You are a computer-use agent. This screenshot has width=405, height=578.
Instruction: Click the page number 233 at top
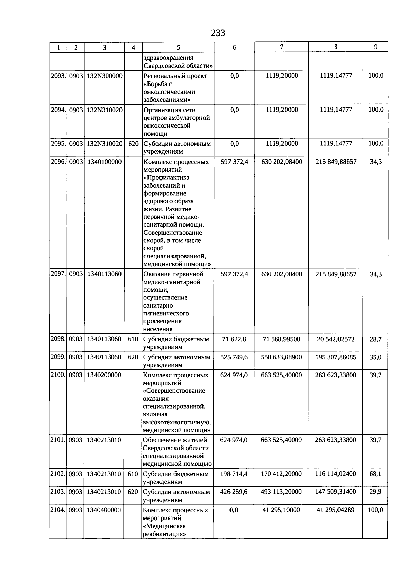(218, 33)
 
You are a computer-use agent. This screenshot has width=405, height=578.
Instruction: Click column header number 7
(281, 47)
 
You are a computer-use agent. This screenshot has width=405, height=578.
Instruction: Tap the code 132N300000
(104, 76)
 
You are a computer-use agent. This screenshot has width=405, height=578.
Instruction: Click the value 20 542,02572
(335, 339)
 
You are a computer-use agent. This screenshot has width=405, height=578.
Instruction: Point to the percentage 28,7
(375, 339)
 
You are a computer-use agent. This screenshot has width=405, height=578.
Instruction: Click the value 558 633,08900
(281, 357)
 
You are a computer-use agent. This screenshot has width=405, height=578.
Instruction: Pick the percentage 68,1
(375, 474)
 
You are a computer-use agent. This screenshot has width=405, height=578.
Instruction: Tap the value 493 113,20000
(281, 492)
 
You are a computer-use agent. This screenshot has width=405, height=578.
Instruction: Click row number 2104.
(58, 510)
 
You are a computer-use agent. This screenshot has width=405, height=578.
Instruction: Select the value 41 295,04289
(335, 510)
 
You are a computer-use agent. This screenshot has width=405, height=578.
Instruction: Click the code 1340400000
(104, 510)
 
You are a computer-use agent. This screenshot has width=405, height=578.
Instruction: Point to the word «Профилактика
(166, 178)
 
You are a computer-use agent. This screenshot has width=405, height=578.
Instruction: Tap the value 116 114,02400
(335, 474)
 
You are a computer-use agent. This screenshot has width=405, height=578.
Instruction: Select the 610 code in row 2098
(133, 339)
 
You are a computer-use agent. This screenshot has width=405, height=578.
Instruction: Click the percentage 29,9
(375, 492)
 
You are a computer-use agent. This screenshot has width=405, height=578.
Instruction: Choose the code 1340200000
(104, 375)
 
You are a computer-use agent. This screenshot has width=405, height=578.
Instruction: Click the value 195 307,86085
(335, 357)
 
